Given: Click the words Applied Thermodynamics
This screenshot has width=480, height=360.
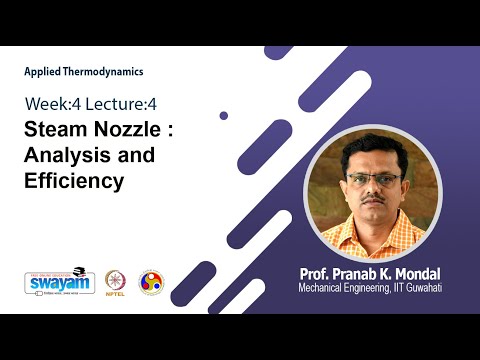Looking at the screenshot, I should tap(84, 72).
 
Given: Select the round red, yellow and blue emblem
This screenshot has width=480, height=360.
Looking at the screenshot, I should tap(151, 282).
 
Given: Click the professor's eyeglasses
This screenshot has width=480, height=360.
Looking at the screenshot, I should tap(372, 178).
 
